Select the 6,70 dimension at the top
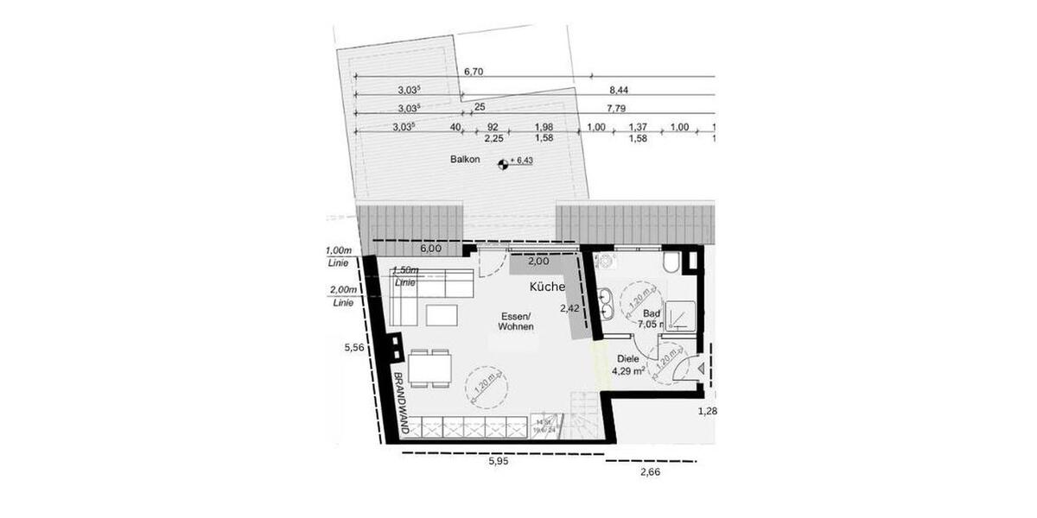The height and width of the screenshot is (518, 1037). pyautogui.click(x=473, y=72)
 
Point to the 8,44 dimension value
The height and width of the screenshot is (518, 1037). pyautogui.click(x=619, y=90)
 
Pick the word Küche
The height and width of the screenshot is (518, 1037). pyautogui.click(x=548, y=287)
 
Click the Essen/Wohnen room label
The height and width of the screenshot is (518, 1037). pyautogui.click(x=517, y=321)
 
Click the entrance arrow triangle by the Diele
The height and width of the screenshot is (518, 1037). pyautogui.click(x=701, y=368)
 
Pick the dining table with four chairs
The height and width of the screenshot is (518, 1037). pyautogui.click(x=429, y=370)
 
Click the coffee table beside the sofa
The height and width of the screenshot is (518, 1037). pyautogui.click(x=442, y=315)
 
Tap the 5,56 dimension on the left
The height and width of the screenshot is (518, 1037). pyautogui.click(x=353, y=348)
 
